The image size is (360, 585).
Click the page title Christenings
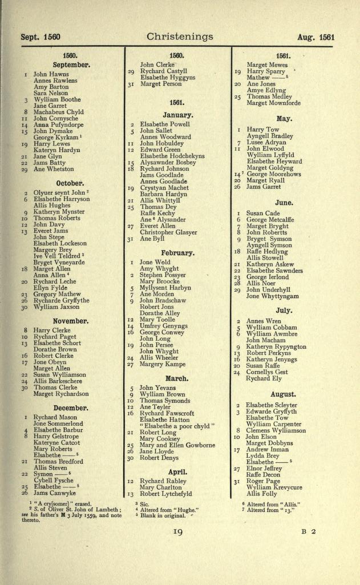point(180,37)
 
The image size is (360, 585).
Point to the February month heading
point(177,252)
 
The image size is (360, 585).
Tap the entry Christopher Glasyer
point(168,232)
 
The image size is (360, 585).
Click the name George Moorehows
point(273,174)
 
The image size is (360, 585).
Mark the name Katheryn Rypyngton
point(276,346)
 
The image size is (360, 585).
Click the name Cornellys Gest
point(267,372)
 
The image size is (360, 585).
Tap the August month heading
point(283,394)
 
